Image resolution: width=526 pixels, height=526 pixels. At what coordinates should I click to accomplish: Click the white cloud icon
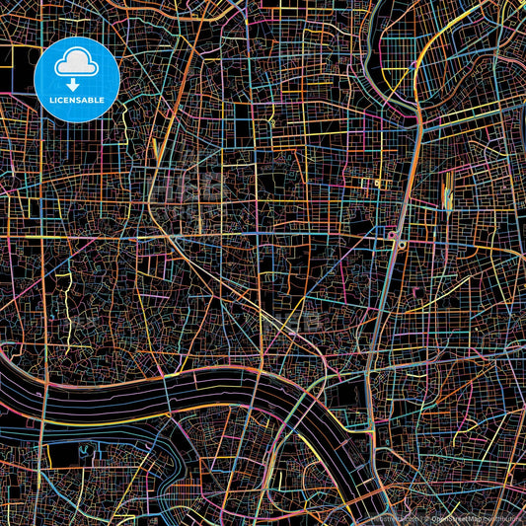point(76,64)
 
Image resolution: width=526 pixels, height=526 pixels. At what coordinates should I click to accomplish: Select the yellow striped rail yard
point(449,188)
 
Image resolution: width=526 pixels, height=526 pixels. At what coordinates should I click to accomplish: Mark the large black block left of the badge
point(17,69)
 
